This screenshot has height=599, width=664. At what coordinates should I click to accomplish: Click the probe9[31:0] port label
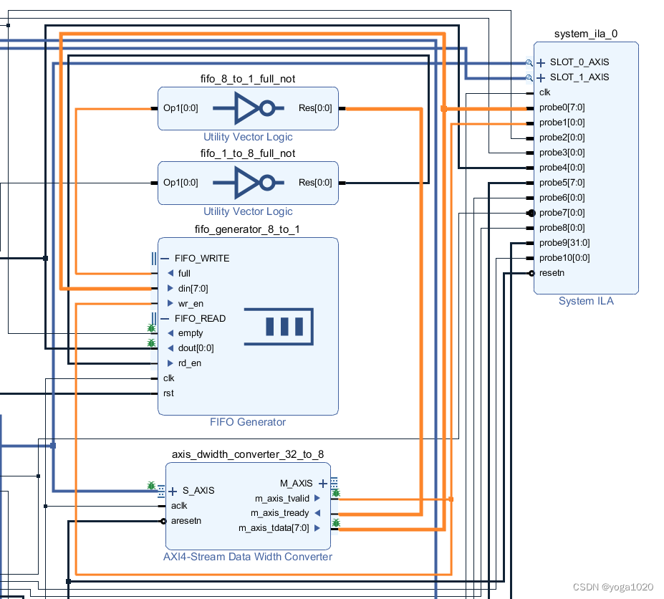564,243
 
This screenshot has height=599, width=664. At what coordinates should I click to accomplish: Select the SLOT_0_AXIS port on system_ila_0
579,62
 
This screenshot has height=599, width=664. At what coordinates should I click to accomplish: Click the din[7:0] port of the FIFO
193,288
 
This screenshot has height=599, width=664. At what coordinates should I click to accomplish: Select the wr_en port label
190,304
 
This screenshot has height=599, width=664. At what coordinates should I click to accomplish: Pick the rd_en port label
189,363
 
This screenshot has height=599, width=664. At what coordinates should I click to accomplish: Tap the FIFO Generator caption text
248,422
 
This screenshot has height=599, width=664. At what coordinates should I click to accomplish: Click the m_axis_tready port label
279,513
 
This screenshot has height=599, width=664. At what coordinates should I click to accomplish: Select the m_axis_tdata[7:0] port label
274,528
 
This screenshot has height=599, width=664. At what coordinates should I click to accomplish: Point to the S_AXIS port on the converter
198,491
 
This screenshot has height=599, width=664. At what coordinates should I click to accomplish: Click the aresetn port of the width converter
186,521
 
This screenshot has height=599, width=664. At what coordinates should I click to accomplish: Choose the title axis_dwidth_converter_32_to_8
248,454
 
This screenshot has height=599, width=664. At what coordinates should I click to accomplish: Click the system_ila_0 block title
585,34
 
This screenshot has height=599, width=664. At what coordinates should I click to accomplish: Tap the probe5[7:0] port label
562,183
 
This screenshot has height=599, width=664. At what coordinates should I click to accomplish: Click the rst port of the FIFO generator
168,393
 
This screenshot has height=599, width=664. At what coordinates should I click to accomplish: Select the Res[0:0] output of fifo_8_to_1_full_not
314,109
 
